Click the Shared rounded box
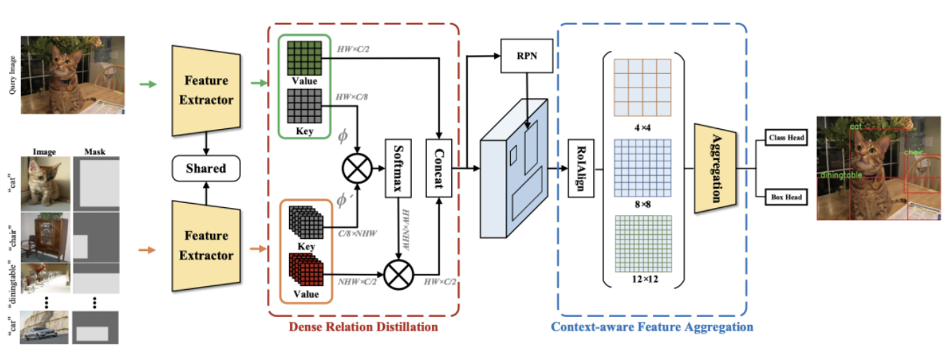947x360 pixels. coord(206,169)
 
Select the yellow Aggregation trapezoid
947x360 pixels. coord(715,168)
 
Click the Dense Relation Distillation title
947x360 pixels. coord(364,327)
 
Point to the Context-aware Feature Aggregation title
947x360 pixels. coord(652,327)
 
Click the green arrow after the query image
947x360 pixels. coord(147,85)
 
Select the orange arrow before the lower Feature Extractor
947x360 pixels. coord(147,250)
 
